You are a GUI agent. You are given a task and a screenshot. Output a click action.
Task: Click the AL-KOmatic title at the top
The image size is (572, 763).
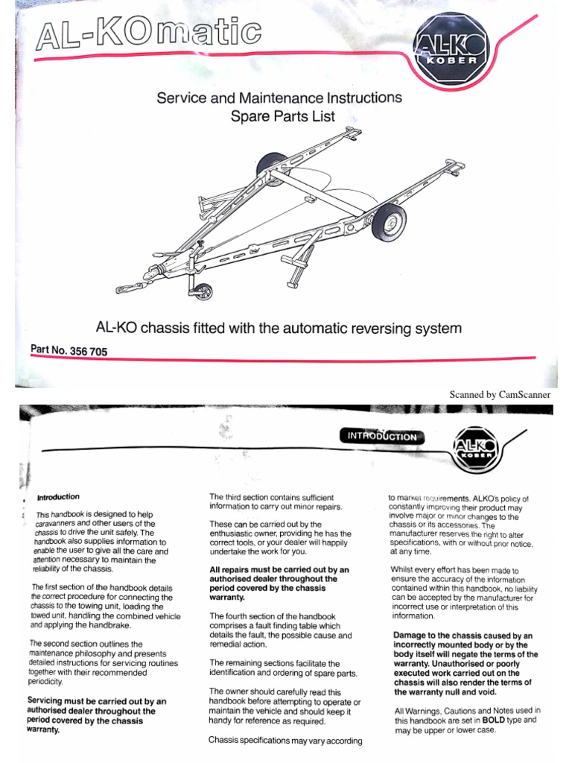(147, 34)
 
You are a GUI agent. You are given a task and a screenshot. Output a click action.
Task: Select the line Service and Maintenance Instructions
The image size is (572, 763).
(279, 98)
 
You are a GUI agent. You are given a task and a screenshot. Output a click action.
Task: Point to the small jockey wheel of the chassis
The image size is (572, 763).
(203, 293)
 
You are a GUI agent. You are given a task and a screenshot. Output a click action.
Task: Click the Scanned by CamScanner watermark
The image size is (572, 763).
(499, 394)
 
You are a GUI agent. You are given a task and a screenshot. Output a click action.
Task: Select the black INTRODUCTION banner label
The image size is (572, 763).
(382, 437)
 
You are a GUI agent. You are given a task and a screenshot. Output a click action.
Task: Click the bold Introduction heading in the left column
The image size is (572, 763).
(58, 497)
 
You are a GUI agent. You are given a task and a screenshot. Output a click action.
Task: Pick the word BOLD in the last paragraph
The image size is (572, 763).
(475, 721)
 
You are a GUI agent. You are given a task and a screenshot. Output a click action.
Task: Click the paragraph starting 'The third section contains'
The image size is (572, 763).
(271, 502)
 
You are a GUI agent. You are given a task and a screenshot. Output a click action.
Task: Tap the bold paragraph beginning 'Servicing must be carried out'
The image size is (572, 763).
(95, 715)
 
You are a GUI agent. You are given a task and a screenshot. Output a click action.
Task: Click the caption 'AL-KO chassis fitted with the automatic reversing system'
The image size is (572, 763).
(279, 328)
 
